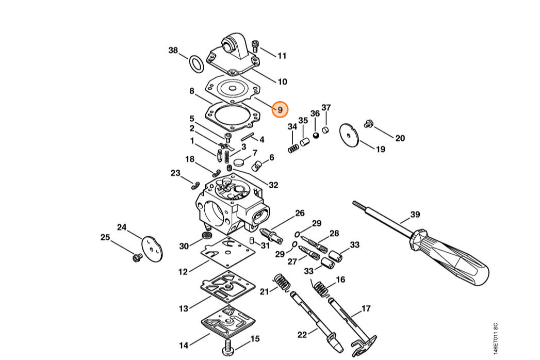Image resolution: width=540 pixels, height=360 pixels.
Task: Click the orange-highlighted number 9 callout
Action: coord(280,109)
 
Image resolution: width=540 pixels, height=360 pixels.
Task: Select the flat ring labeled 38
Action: coord(196,64)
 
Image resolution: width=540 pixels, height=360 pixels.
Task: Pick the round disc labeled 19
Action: coord(349,136)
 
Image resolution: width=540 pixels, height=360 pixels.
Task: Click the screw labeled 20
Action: coord(369,123)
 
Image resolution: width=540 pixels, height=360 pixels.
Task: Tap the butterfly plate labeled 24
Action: coord(152,249)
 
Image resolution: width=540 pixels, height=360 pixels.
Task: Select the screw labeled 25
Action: coord(138,257)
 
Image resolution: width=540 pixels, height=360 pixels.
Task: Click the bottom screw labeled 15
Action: coord(227,347)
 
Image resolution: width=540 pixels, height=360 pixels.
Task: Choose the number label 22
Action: coord(302,335)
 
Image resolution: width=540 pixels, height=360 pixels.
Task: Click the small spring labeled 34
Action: coord(293,149)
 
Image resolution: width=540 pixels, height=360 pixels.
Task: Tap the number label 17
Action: coord(366,308)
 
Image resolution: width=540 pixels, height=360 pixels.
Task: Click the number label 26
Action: coord(300,213)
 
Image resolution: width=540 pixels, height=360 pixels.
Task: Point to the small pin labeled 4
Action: coord(247,136)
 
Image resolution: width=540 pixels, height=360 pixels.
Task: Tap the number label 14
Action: coord(184,345)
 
